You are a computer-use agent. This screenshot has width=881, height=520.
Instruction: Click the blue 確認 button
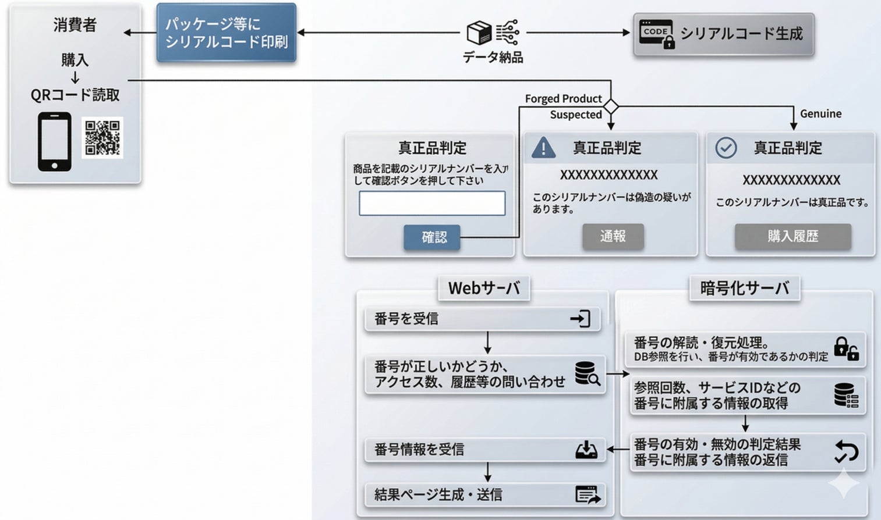[x=432, y=237]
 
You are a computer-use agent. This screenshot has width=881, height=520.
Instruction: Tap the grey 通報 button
[x=613, y=236]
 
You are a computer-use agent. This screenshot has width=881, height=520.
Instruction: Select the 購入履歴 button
[x=792, y=236]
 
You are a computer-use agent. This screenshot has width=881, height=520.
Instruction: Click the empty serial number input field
[x=432, y=204]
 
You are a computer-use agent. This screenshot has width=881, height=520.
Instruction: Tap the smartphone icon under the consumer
[x=55, y=141]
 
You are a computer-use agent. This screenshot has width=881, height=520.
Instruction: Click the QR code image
[x=102, y=138]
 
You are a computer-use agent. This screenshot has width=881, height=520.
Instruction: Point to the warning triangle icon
[x=543, y=148]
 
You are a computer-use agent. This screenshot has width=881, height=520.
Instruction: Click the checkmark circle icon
[x=726, y=148]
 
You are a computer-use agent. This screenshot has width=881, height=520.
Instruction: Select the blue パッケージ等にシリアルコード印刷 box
[x=227, y=33]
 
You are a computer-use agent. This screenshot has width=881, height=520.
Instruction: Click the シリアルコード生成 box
[x=723, y=34]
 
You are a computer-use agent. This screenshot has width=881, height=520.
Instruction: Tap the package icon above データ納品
[x=480, y=33]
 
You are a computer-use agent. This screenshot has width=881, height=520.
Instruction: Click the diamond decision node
[x=611, y=107]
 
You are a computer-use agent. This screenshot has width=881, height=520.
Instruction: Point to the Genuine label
[x=820, y=113]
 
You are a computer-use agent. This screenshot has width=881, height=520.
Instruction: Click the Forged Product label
[x=563, y=98]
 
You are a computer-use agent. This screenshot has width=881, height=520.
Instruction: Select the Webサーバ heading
[x=484, y=288]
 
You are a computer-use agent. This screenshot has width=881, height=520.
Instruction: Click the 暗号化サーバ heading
[x=745, y=288]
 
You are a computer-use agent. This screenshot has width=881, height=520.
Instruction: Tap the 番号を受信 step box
[x=482, y=319]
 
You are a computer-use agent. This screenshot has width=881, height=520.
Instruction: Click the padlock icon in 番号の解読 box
[x=845, y=348]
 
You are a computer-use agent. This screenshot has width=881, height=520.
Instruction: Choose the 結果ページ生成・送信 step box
[x=484, y=494]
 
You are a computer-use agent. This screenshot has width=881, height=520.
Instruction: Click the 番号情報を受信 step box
[x=484, y=449]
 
